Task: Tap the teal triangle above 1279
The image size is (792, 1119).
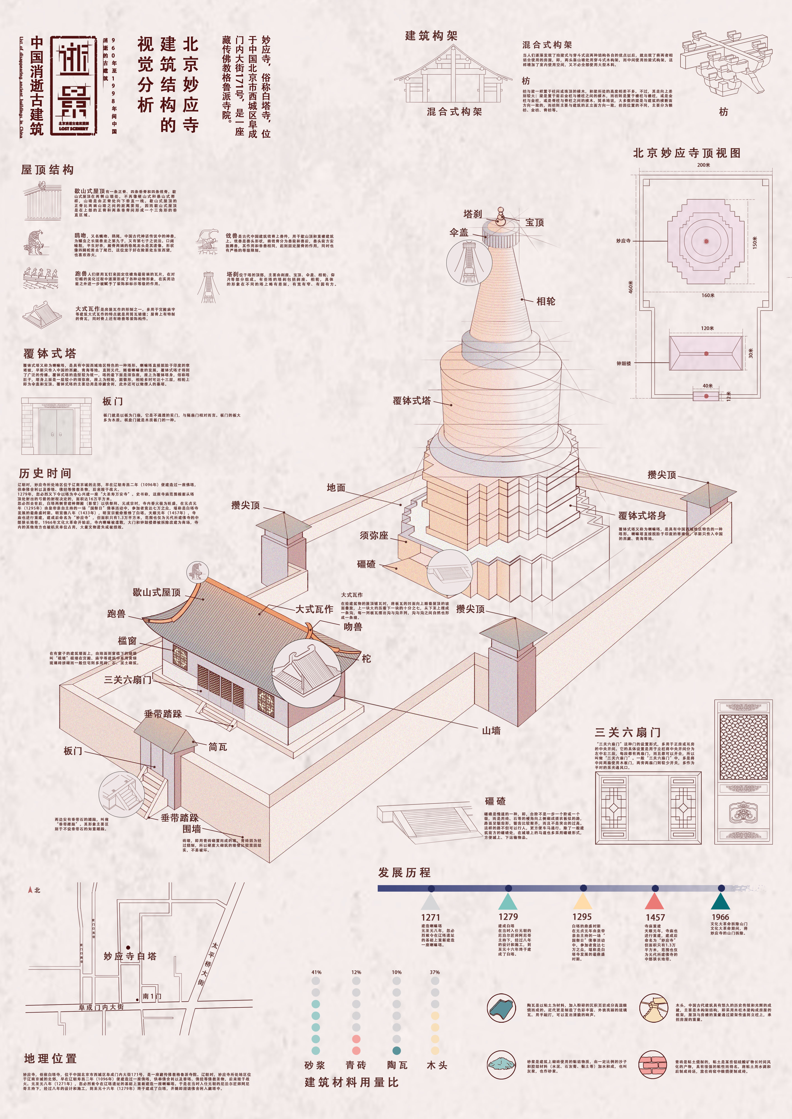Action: (x=508, y=901)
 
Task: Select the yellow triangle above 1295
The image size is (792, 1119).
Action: (x=582, y=901)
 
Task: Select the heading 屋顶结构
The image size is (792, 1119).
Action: (x=47, y=170)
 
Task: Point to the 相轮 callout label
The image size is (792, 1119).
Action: (x=546, y=301)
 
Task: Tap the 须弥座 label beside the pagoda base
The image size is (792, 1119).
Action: (x=374, y=535)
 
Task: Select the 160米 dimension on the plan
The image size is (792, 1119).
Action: (x=708, y=295)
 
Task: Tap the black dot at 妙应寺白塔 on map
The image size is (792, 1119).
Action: (x=128, y=947)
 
